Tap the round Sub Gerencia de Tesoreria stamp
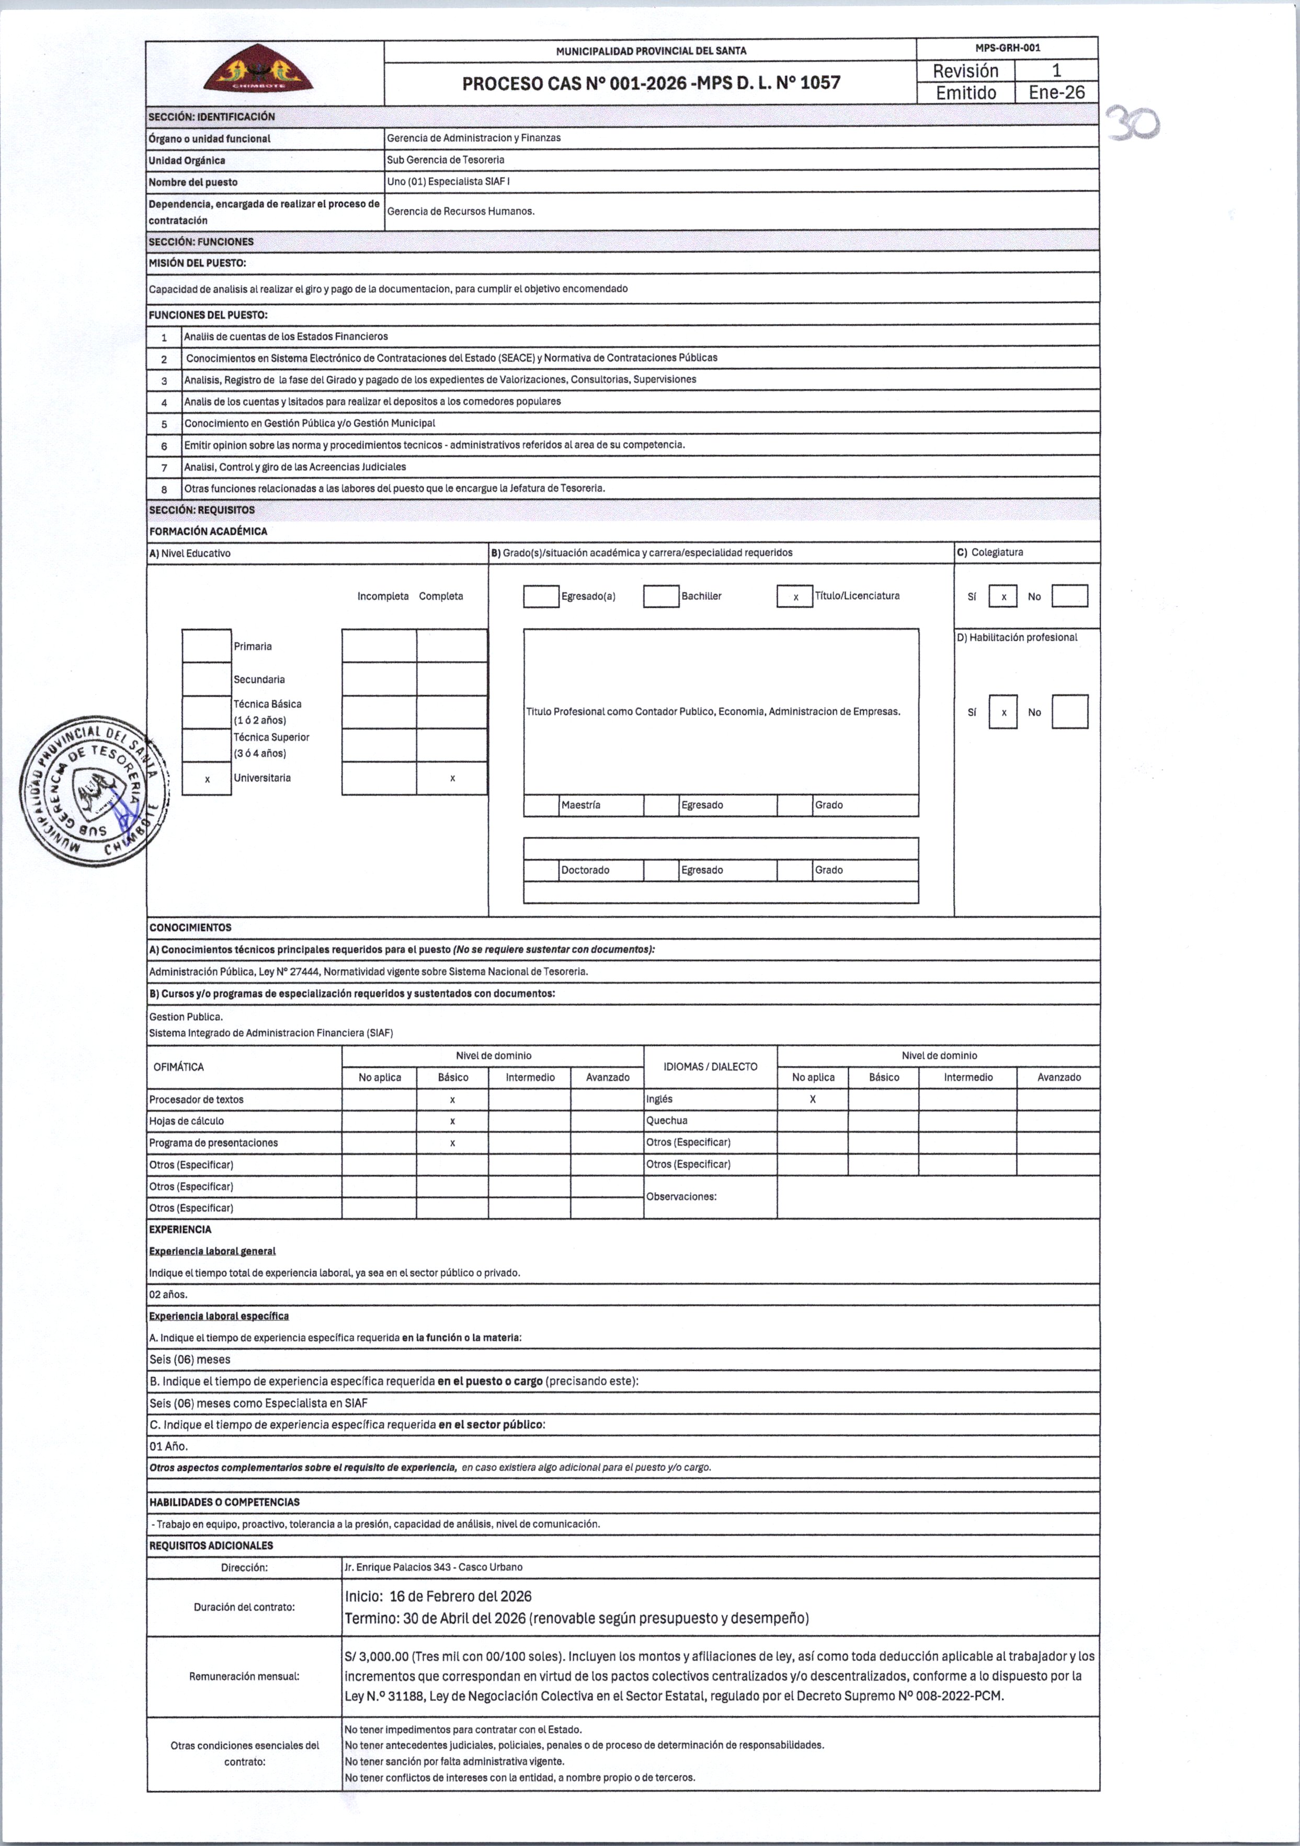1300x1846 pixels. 95,791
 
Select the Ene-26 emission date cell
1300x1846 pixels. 1056,93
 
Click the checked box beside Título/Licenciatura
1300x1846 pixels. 795,596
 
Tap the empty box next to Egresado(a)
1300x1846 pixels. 541,596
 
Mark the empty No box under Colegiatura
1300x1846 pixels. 1069,596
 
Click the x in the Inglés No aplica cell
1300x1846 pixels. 813,1099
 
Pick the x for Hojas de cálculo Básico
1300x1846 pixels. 452,1121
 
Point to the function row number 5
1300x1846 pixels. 164,424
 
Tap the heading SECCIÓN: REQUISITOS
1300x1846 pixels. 201,510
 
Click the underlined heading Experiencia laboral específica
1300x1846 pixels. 218,1316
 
